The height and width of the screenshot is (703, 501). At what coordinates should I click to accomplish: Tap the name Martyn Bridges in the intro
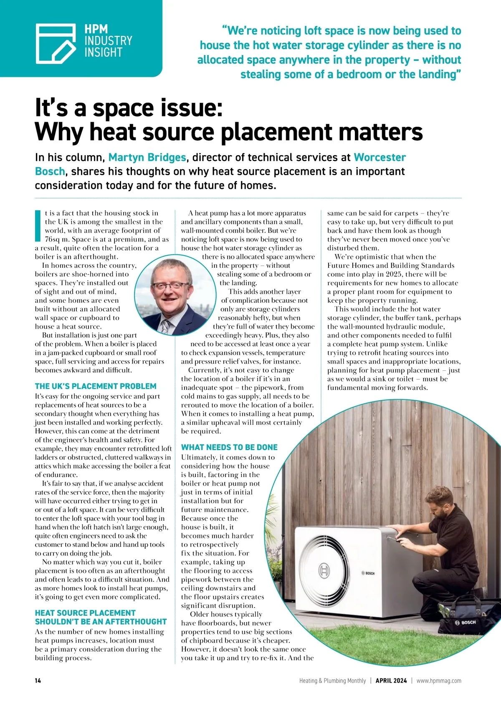[147, 158]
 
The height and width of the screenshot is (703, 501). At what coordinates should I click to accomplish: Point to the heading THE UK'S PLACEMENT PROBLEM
[96, 386]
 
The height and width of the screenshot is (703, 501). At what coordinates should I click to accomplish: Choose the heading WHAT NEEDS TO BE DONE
[229, 447]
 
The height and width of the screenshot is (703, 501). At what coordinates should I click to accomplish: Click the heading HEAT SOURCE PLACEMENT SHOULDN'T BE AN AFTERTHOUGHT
[101, 617]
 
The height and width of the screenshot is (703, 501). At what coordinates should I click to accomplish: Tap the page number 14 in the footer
[38, 680]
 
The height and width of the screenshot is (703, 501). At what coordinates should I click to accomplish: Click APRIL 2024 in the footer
[391, 680]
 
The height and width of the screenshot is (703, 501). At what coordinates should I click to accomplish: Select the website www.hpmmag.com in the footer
[439, 680]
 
